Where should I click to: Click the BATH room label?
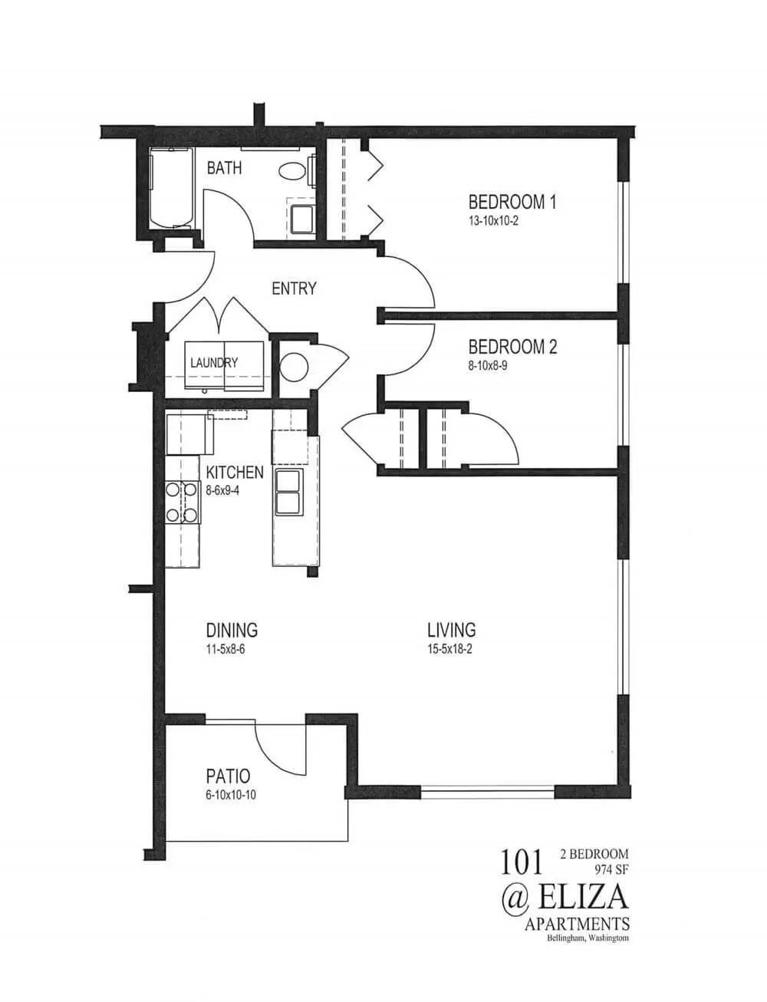click(x=224, y=167)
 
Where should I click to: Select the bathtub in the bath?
click(x=172, y=189)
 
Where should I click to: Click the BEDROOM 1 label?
click(x=512, y=202)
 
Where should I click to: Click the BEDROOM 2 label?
click(x=512, y=347)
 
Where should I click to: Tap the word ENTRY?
click(x=294, y=288)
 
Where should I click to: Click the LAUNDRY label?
click(x=214, y=363)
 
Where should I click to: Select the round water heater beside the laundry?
click(x=294, y=367)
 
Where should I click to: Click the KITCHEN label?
click(x=235, y=472)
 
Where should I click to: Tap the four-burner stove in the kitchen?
click(x=183, y=503)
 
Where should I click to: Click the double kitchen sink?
click(x=288, y=492)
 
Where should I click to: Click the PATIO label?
click(x=228, y=776)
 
